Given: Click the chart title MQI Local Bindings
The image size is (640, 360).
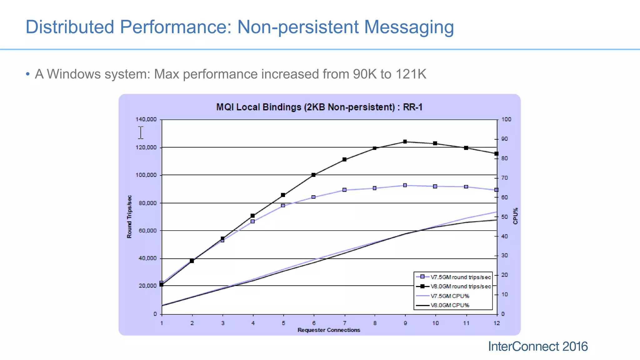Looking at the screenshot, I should click(x=319, y=107).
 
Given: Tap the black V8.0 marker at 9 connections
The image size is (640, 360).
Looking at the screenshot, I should click(x=405, y=142).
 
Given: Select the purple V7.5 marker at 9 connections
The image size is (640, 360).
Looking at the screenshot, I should click(x=405, y=185).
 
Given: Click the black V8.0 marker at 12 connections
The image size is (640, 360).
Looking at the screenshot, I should click(x=496, y=154).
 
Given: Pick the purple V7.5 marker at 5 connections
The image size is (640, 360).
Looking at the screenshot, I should click(x=283, y=206).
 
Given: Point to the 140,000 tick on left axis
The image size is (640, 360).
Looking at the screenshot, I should click(x=146, y=119).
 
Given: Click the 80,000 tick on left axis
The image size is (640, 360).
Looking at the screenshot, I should click(x=147, y=203).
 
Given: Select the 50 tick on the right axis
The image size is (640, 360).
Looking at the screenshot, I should click(x=505, y=217).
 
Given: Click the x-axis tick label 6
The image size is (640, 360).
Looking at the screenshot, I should click(x=314, y=323).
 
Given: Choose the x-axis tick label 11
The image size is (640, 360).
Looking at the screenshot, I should click(x=466, y=323).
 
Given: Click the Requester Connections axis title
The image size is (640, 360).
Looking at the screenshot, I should click(x=329, y=330).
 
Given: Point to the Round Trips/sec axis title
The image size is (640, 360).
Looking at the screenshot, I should click(x=129, y=217).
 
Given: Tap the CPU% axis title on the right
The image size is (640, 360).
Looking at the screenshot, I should click(x=516, y=216).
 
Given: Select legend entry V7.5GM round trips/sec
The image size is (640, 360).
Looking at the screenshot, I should click(x=460, y=277).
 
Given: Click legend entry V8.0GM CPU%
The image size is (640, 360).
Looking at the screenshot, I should click(x=450, y=305).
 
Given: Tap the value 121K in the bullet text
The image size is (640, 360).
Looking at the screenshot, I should click(x=411, y=74).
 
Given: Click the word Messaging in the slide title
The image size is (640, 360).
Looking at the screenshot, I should click(x=409, y=27).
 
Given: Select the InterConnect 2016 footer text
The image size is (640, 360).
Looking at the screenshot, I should click(x=537, y=347).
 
